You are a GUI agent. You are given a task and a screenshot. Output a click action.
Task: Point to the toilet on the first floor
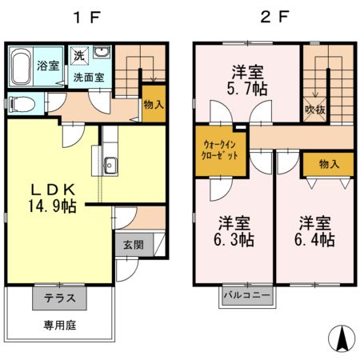coord(22,104)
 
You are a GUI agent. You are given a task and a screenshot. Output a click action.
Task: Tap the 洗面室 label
coord(88,78)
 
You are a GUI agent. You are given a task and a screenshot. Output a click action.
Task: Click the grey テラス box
coord(59,298)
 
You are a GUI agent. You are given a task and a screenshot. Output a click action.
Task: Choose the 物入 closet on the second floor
coord(328,164)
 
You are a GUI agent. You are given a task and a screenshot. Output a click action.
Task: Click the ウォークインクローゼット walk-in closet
coord(218,149)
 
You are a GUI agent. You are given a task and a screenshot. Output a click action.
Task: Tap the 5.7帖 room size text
coord(247,88)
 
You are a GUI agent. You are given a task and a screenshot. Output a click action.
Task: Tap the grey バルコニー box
coord(246,296)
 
